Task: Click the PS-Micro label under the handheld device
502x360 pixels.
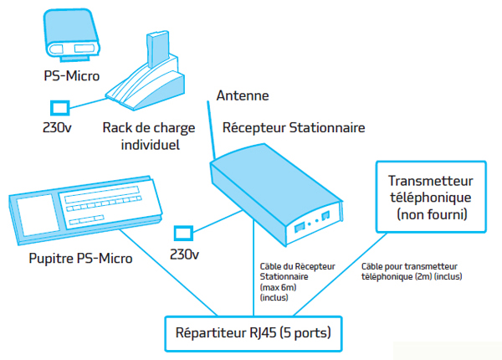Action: [x=71, y=76]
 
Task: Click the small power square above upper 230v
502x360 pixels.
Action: [x=59, y=108]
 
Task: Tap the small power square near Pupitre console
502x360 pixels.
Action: [x=183, y=233]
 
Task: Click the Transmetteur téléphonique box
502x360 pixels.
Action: [x=431, y=198]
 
